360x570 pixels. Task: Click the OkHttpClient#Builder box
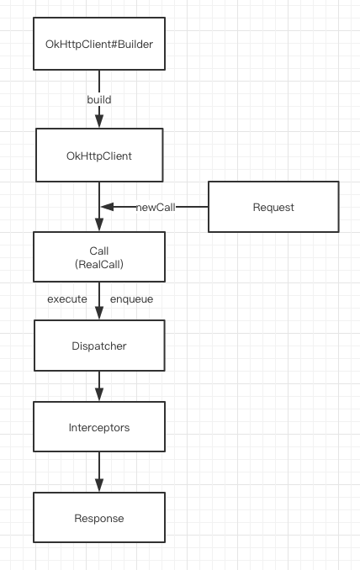(x=99, y=44)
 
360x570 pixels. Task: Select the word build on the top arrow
(x=99, y=99)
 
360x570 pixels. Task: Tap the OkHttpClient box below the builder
(x=99, y=156)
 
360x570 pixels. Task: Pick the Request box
(x=273, y=207)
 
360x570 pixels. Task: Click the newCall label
(x=156, y=207)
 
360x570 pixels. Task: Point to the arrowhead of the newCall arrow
(x=108, y=207)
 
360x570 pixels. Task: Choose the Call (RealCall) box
(x=99, y=256)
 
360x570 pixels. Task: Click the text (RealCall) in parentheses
(x=99, y=264)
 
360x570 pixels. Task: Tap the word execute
(x=67, y=299)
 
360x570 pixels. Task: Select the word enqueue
(x=132, y=299)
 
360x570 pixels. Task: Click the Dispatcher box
(x=99, y=346)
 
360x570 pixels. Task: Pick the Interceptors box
(x=99, y=427)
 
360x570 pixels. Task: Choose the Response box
(x=99, y=518)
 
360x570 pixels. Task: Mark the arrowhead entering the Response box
(x=99, y=486)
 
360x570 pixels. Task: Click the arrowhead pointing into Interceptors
(x=99, y=395)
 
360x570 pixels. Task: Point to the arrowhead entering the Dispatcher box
(x=99, y=314)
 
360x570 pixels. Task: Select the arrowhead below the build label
(x=99, y=121)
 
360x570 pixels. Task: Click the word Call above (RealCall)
(x=99, y=251)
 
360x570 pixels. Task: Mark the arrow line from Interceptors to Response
(x=99, y=472)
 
